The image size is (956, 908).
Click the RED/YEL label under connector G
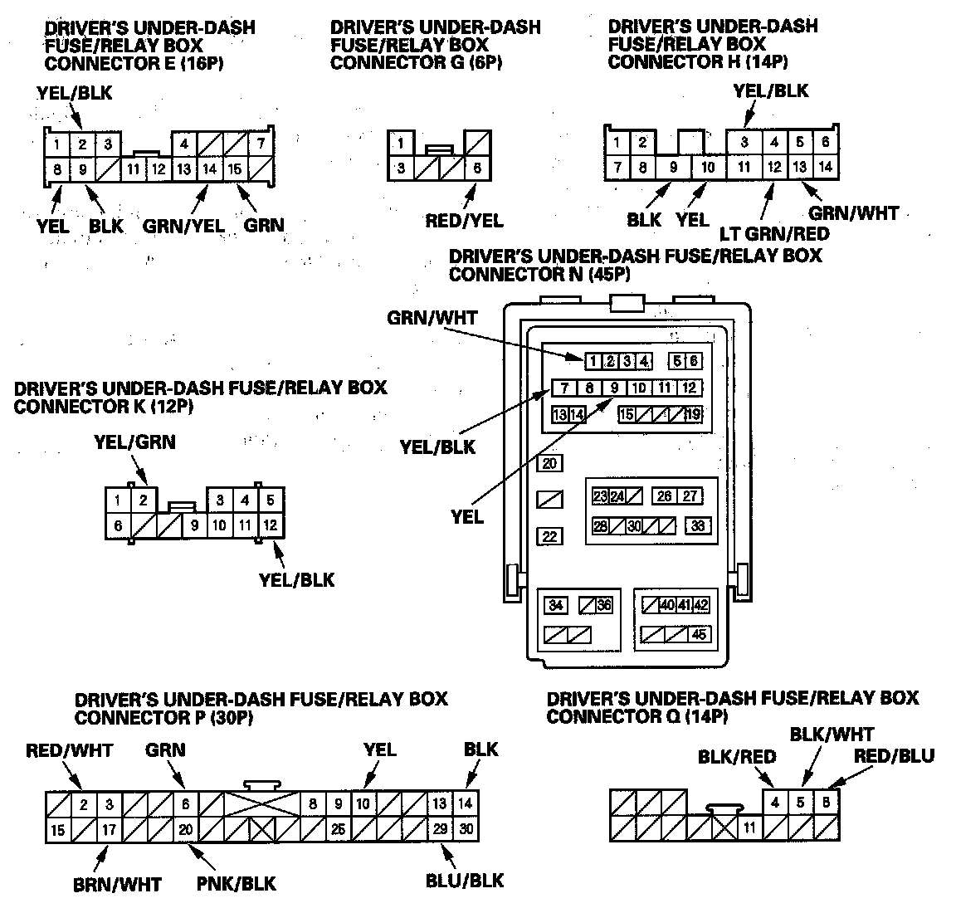(x=464, y=221)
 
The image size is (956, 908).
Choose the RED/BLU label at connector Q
(x=895, y=755)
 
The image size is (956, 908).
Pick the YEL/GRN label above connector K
(x=134, y=442)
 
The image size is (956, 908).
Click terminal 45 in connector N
(x=699, y=634)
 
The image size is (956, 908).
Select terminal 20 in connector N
(x=549, y=464)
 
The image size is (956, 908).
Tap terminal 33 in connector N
(x=698, y=526)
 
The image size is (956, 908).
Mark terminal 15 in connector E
(x=235, y=169)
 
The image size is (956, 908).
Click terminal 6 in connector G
(x=477, y=168)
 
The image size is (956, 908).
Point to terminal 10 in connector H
(x=707, y=167)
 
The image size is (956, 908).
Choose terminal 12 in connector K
(x=270, y=525)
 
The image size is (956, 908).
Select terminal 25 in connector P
(x=338, y=828)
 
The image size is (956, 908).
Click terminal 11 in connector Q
(x=749, y=827)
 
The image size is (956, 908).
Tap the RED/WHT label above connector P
(x=69, y=751)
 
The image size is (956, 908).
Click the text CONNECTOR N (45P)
(x=539, y=273)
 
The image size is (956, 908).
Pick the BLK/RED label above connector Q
(x=737, y=756)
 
